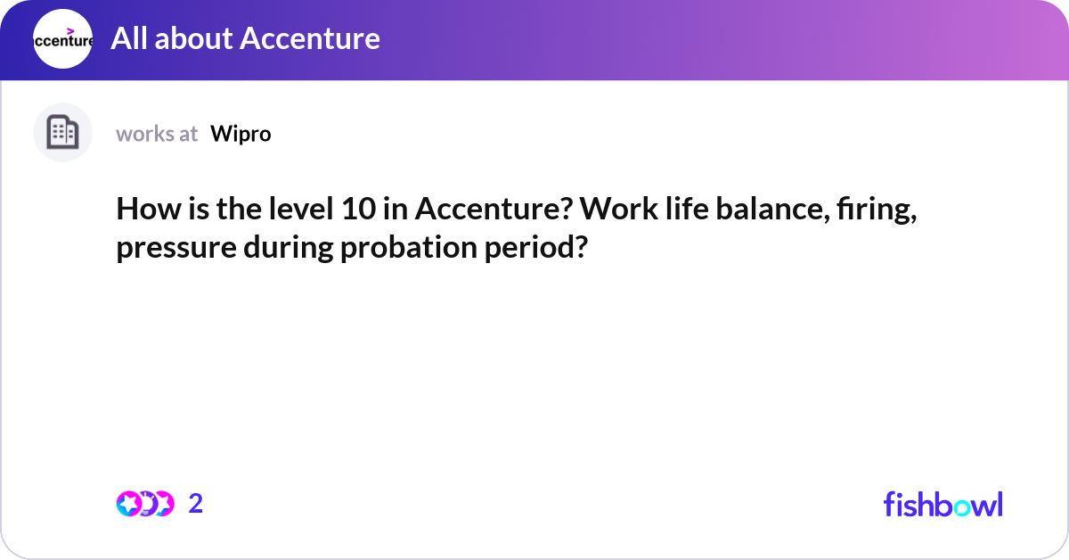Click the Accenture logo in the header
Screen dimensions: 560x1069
tap(62, 39)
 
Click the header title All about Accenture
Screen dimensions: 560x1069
tap(245, 38)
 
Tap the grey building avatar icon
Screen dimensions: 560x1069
tap(62, 133)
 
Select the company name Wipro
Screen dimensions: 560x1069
tap(241, 134)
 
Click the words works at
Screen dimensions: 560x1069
tap(157, 134)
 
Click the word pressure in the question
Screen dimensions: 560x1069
tap(175, 247)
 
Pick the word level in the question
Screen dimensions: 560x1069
tap(299, 210)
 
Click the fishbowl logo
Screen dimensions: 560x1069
tap(943, 504)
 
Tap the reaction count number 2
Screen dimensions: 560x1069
tap(196, 504)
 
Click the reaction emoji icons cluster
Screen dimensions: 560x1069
tap(144, 504)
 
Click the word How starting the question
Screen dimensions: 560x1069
tap(143, 210)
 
